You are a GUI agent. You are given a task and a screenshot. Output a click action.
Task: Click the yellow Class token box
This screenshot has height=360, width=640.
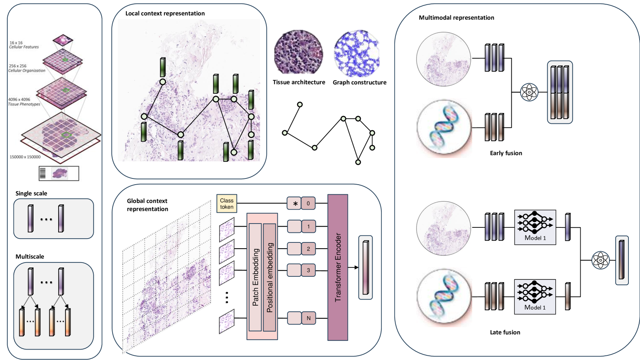pos(227,204)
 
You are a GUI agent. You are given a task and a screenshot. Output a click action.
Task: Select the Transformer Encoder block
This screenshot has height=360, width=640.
pos(338,267)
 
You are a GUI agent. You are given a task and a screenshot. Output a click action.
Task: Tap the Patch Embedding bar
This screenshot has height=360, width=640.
pos(255,277)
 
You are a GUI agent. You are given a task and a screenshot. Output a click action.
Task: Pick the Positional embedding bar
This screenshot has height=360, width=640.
pos(270,277)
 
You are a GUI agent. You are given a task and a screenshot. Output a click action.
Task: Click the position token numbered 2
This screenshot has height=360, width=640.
pos(308,249)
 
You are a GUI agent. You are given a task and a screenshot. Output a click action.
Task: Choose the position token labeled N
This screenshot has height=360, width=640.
pos(308,318)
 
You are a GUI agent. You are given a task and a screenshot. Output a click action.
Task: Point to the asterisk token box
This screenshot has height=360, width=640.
pos(295,204)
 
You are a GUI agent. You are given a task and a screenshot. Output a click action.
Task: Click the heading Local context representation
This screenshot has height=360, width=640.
pos(165,13)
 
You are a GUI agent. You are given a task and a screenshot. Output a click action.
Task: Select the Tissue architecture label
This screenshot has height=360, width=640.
pos(299,82)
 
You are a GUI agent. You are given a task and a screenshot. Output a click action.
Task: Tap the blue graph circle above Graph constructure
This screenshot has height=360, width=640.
pos(357,54)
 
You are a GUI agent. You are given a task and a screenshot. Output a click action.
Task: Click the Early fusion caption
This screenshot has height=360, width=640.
pos(506,153)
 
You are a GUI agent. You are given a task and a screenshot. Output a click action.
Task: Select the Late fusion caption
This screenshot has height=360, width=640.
pos(505,332)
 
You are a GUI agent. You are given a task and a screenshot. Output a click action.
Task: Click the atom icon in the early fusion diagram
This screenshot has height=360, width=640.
pos(529,92)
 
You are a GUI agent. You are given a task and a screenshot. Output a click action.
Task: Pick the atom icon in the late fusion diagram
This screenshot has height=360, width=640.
pos(600,260)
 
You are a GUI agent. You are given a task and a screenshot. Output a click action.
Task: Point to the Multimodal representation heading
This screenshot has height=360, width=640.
pos(456,18)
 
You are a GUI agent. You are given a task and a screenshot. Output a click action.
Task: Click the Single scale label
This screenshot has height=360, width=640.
pos(31,193)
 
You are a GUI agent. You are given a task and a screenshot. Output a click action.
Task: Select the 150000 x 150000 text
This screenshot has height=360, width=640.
pos(25,157)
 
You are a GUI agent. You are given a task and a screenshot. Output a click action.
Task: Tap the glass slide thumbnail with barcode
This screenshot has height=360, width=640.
pos(59,173)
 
